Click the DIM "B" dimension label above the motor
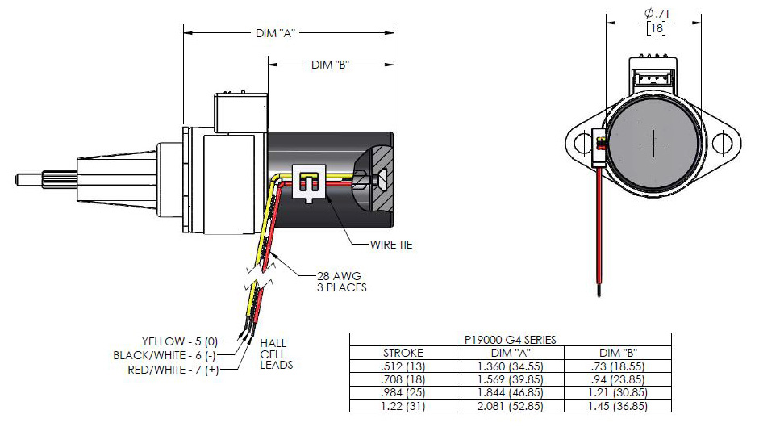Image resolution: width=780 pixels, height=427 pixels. [329, 65]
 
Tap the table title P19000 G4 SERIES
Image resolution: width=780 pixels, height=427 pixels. [510, 340]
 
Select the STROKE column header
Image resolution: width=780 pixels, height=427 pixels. [403, 353]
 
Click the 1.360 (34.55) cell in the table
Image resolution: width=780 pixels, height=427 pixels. [510, 366]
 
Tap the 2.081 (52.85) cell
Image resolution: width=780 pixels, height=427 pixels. [510, 406]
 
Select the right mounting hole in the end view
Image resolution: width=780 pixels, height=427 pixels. [728, 144]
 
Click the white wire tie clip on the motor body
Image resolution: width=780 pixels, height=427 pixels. [310, 185]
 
